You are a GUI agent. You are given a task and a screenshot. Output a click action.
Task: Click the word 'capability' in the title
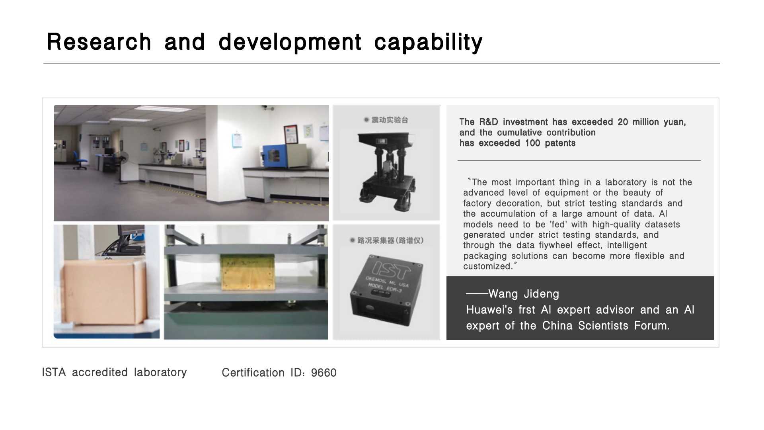pos(428,42)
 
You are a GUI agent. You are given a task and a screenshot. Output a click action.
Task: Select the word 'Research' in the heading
pos(99,41)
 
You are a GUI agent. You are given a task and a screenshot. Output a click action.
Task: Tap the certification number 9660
pos(324,373)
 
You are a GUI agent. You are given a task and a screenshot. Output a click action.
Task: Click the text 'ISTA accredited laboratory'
pos(114,372)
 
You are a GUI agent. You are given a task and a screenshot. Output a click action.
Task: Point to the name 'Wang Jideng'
pos(524,294)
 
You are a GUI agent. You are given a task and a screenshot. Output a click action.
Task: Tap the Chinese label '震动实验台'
pos(390,120)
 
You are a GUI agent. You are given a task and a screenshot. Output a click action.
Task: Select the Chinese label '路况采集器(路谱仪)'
pos(390,240)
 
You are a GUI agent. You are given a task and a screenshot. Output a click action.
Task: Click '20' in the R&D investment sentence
pos(623,122)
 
